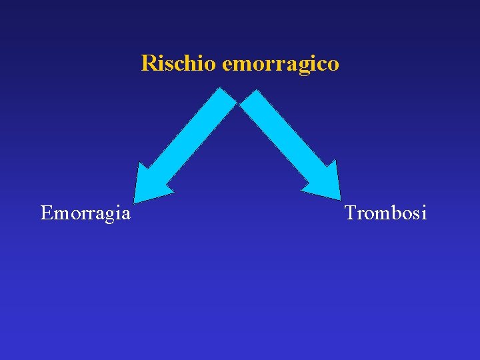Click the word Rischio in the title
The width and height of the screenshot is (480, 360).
coord(179,63)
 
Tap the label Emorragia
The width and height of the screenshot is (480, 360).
coord(85,213)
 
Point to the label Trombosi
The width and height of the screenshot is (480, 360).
coord(385,213)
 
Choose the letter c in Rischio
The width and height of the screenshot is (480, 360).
coord(180,65)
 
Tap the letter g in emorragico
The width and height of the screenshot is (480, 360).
coord(303,67)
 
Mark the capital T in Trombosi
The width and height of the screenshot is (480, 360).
coord(351,213)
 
